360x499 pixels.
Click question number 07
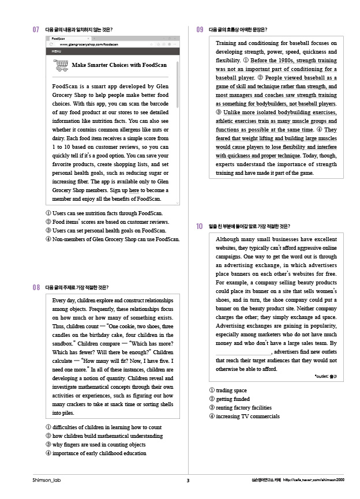coord(36,29)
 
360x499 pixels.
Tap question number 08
coord(36,287)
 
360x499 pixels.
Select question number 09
coord(200,29)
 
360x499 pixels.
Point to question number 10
coord(200,226)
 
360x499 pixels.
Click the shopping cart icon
coord(60,65)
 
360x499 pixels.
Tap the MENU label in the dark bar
coord(57,51)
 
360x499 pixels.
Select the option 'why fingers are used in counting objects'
coord(95,444)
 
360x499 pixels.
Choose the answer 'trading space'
coord(227,391)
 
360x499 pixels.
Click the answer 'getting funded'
coord(229,399)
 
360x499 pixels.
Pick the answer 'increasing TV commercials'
coord(243,416)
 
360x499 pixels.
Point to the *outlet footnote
coord(325,377)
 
